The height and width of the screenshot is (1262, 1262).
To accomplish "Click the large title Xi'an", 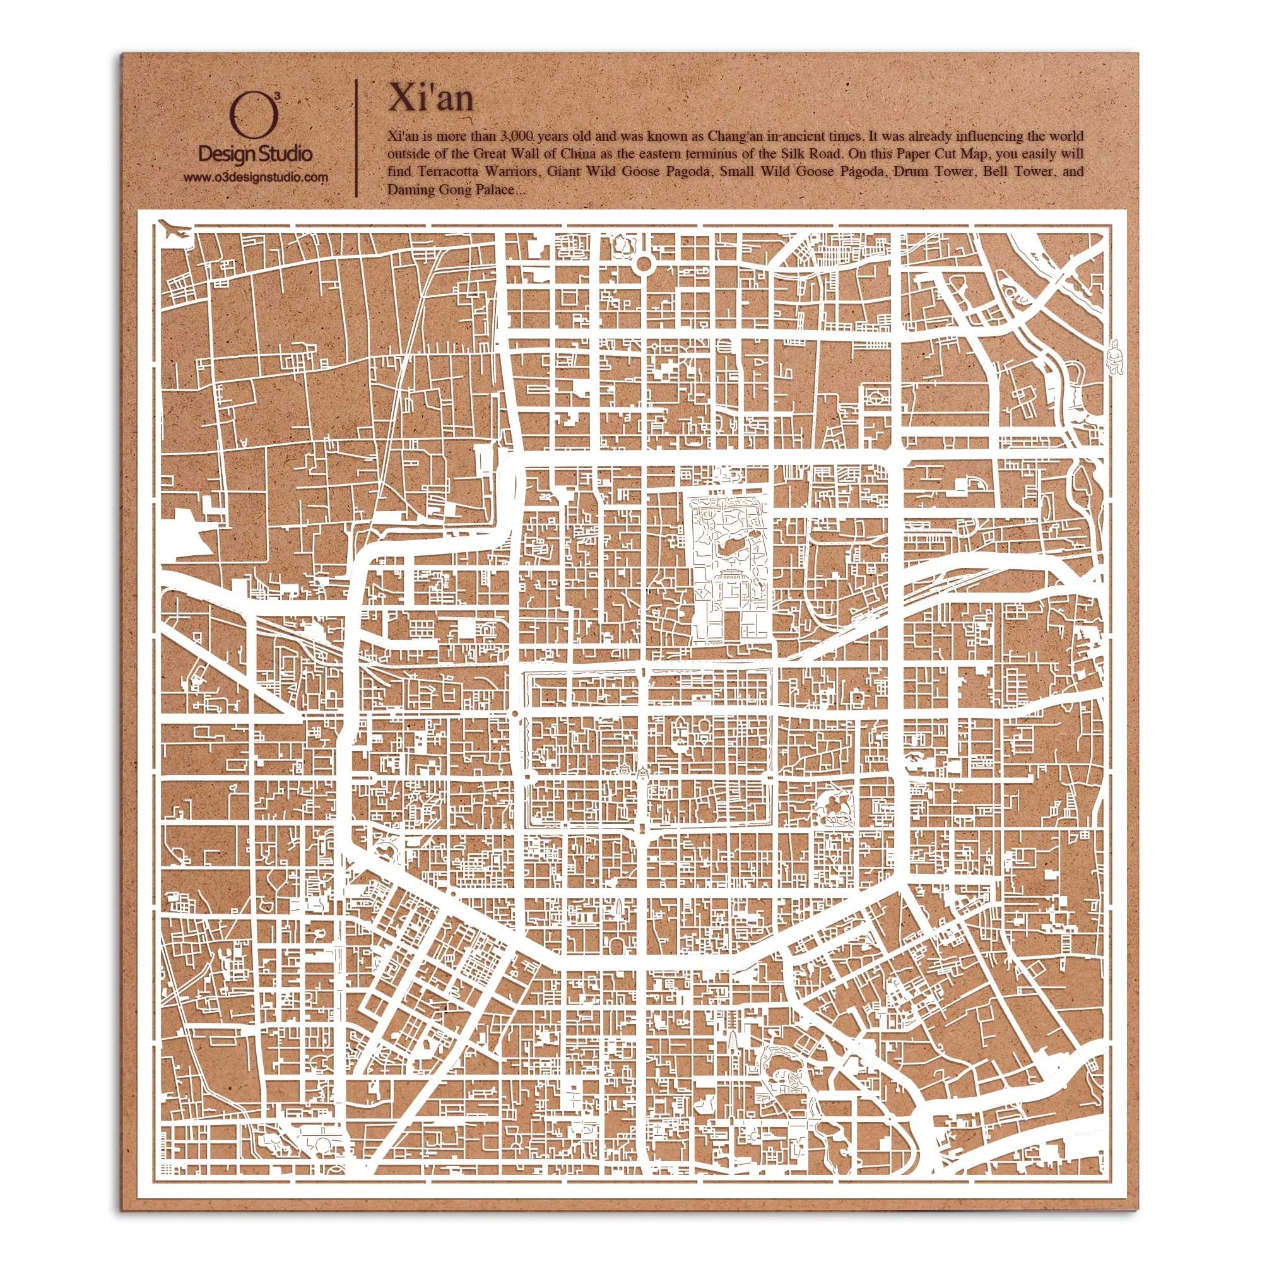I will click(430, 98).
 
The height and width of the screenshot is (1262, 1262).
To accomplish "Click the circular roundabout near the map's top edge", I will click(644, 264).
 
